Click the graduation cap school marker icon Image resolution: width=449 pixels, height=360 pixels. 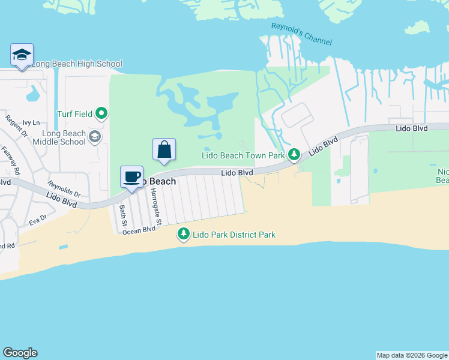(22, 55)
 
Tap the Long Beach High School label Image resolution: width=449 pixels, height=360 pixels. (76, 64)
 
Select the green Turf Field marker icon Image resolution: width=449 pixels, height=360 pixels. (102, 113)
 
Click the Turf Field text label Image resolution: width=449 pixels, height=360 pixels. (74, 113)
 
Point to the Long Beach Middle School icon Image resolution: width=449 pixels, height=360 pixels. (94, 137)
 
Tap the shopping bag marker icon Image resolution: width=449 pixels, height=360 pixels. (164, 150)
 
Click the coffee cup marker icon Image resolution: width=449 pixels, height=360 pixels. (132, 177)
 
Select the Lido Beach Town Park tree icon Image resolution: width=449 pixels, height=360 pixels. (294, 155)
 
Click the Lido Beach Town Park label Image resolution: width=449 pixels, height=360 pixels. (243, 155)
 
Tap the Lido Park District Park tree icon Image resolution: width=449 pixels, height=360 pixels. (184, 235)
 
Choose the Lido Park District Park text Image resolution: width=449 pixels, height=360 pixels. (234, 235)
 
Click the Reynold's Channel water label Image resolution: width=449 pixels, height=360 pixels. (301, 34)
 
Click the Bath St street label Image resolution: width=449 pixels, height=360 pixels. (122, 215)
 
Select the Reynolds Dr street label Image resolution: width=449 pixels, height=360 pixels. (64, 189)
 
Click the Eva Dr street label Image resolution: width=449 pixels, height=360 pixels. (38, 220)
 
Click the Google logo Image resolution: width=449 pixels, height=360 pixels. (20, 353)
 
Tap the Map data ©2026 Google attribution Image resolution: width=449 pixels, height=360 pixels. (412, 355)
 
